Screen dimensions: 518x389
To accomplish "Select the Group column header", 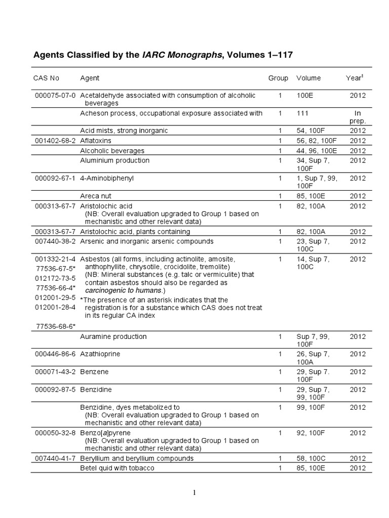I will (278, 78).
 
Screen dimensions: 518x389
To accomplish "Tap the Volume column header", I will (308, 78).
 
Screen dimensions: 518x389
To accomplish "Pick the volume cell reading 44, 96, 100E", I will (317, 150).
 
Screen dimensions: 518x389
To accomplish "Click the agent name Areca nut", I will (96, 196).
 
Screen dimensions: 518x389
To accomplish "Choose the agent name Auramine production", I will (113, 336).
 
